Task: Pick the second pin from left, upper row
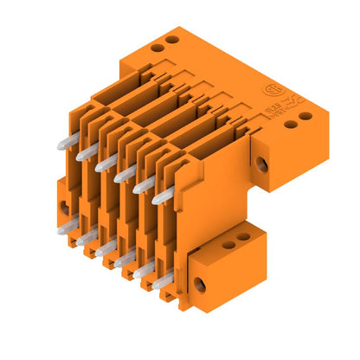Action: pyautogui.click(x=86, y=152)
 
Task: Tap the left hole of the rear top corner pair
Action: pyautogui.click(x=157, y=47)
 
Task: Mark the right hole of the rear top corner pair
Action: pyautogui.click(x=173, y=40)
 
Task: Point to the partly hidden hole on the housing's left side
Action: pyautogui.click(x=64, y=208)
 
